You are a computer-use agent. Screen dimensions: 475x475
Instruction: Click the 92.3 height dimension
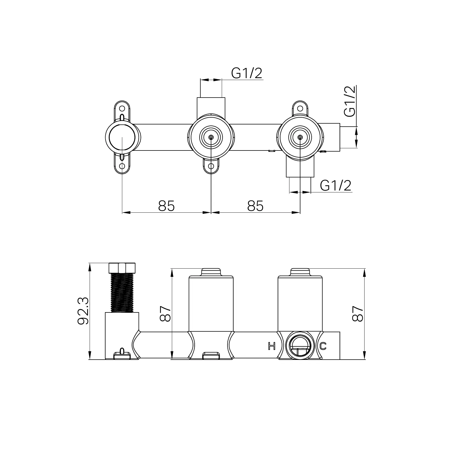[83, 311]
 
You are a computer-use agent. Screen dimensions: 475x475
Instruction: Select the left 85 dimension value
[166, 206]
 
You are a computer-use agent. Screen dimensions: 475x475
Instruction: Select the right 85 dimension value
[255, 206]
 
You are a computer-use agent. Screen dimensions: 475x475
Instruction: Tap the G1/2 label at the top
[247, 73]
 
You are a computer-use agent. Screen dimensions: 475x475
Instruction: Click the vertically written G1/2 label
[350, 101]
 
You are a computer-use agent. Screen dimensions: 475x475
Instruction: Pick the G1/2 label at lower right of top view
[335, 186]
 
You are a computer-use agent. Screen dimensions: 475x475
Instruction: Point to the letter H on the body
[271, 346]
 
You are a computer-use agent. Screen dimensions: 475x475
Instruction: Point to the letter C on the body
[323, 346]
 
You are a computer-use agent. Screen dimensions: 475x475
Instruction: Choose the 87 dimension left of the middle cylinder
[166, 314]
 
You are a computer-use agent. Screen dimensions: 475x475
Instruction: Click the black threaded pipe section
[122, 292]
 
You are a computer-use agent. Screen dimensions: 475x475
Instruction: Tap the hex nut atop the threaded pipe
[122, 268]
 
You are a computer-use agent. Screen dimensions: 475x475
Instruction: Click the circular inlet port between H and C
[300, 346]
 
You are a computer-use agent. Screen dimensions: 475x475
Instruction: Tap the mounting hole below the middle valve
[211, 166]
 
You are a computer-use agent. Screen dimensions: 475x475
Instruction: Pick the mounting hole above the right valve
[300, 108]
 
